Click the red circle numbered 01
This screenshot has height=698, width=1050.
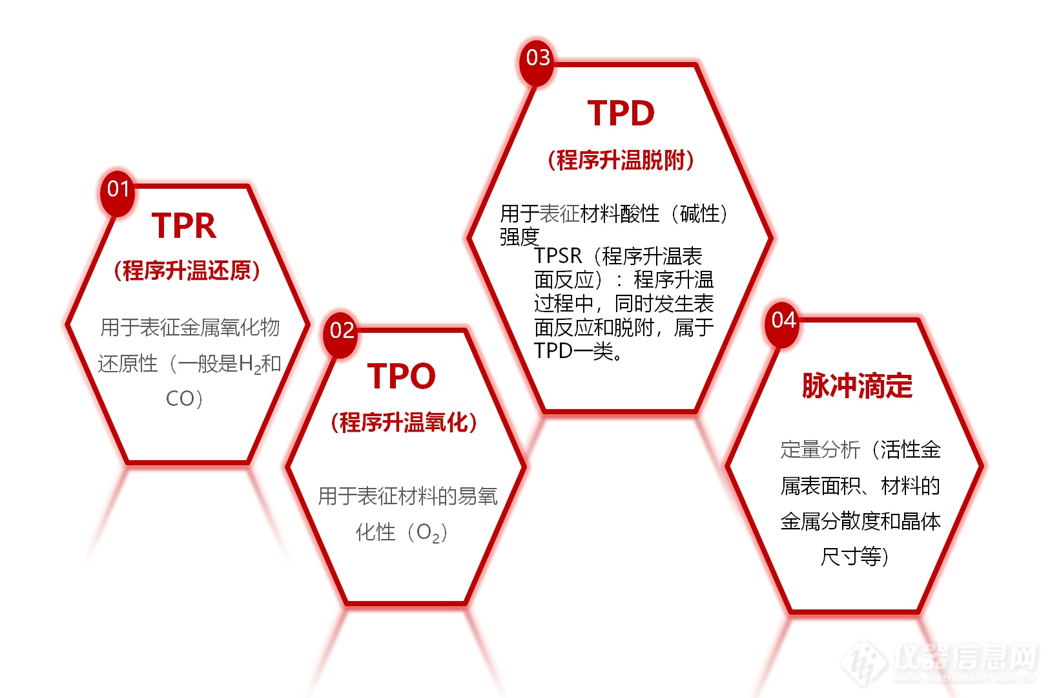(x=118, y=192)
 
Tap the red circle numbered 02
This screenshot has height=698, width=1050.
(x=341, y=334)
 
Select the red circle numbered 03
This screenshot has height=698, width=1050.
(x=537, y=61)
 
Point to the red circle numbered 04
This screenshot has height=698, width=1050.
(x=783, y=323)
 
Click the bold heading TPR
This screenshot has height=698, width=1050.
(x=184, y=226)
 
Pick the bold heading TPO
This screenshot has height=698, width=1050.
(x=401, y=376)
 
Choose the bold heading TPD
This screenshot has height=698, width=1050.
(x=621, y=113)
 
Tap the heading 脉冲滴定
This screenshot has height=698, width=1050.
(x=858, y=386)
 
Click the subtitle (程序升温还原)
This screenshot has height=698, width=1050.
(x=187, y=271)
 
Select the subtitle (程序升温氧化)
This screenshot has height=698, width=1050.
(x=404, y=422)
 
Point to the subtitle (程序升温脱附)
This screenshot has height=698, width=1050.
(x=621, y=160)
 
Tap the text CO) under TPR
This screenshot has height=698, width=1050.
(x=184, y=399)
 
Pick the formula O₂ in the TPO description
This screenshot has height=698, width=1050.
(x=428, y=533)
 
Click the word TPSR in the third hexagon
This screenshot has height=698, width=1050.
(x=558, y=256)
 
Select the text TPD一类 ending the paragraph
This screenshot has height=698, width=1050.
(x=573, y=351)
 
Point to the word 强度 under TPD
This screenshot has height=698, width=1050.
(x=519, y=237)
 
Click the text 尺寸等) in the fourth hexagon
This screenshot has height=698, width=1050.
(x=854, y=557)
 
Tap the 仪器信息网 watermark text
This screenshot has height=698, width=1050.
(x=965, y=657)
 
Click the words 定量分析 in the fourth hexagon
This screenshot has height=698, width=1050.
(x=820, y=449)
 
